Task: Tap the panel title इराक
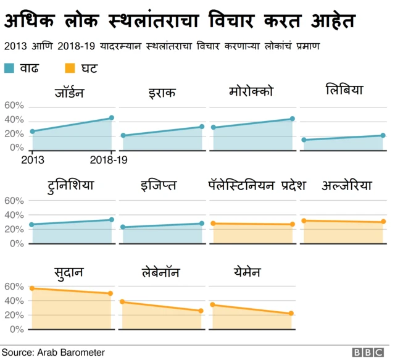pos(162,93)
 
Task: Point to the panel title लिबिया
pos(344,91)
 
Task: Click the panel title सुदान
pos(69,272)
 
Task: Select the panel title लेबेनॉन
pos(162,272)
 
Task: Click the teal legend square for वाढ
pos(9,67)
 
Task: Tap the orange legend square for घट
pos(70,67)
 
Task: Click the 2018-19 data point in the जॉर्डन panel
pos(112,118)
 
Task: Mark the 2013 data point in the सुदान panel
pos(32,288)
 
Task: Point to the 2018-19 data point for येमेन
pos(291,314)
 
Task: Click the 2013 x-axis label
pos(32,160)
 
